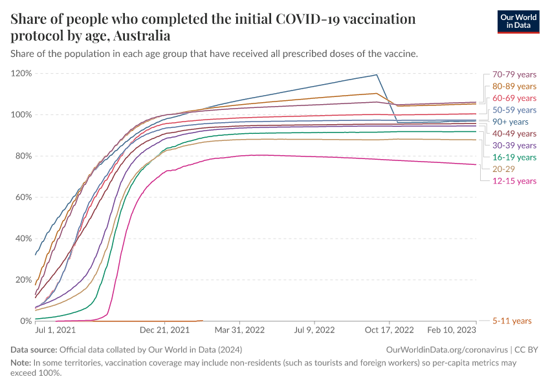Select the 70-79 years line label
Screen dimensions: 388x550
click(x=514, y=74)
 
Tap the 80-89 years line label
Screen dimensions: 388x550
click(x=514, y=86)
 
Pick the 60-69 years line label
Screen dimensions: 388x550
click(x=514, y=98)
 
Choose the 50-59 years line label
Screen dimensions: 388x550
click(x=514, y=110)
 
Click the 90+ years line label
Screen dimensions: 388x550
click(x=510, y=122)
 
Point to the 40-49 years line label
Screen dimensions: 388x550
click(x=514, y=133)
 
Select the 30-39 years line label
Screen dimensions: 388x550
click(x=514, y=145)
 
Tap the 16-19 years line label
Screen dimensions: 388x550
click(x=514, y=157)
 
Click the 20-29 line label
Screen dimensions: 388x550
click(x=503, y=169)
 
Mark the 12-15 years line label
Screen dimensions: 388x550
click(x=514, y=180)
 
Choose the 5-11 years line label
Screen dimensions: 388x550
click(x=511, y=321)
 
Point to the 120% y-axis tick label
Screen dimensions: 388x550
click(x=21, y=73)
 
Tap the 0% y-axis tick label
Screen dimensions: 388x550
click(x=25, y=321)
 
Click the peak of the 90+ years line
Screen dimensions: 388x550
click(x=377, y=75)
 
